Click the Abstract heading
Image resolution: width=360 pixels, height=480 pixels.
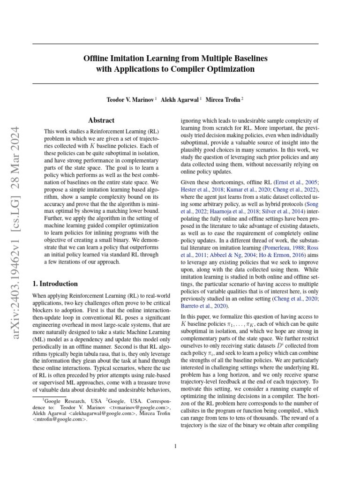tap(102, 120)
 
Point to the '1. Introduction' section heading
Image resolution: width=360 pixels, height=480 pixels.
tap(54, 284)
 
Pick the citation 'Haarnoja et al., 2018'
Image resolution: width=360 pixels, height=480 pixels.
tap(229, 212)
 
